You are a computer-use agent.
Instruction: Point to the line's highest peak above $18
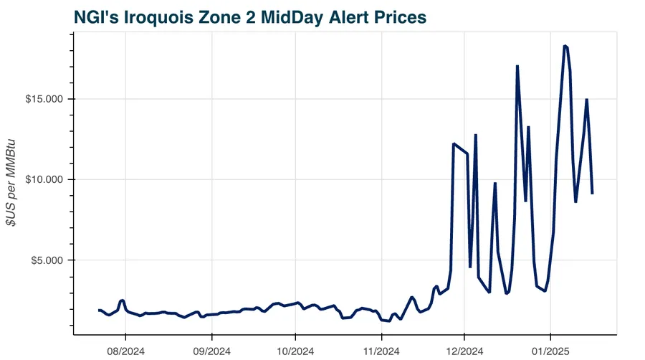tap(565, 46)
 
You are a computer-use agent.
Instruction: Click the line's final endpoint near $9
tap(592, 194)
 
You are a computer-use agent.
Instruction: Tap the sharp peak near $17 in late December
tap(517, 66)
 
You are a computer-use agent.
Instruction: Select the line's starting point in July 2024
tap(99, 310)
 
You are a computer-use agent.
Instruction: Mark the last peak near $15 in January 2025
tap(586, 100)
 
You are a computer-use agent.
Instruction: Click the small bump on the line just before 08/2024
tap(123, 300)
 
